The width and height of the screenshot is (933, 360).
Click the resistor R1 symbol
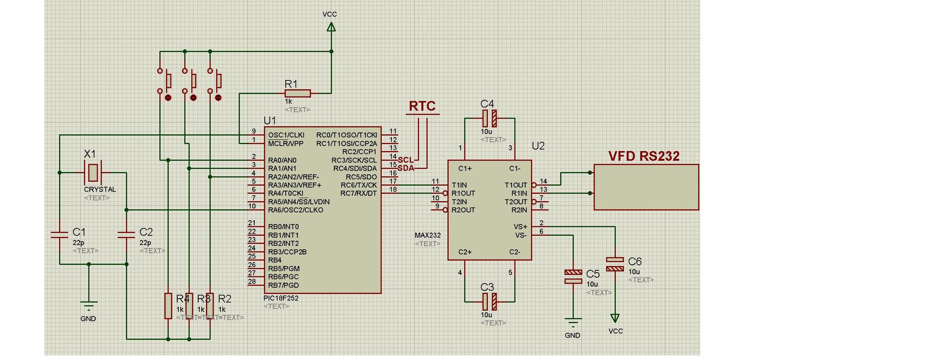click(x=297, y=93)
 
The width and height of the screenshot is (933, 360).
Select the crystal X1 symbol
click(x=92, y=172)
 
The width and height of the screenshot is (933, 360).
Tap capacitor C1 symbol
click(x=59, y=235)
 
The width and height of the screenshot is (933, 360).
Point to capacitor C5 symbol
click(x=573, y=276)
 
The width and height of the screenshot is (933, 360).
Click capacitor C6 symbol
click(x=615, y=264)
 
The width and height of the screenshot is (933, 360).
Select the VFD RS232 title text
click(x=644, y=156)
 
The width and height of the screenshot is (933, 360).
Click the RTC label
click(x=422, y=106)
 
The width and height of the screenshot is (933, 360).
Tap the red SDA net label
click(x=406, y=168)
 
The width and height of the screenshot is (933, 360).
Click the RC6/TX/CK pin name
click(x=359, y=185)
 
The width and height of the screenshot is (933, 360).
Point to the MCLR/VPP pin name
click(x=286, y=144)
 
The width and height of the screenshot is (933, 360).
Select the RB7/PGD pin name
click(x=283, y=285)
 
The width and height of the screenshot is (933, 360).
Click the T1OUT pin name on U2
click(x=516, y=185)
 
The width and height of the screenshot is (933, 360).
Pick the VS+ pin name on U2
click(x=520, y=227)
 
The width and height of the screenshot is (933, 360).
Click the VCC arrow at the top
click(x=331, y=27)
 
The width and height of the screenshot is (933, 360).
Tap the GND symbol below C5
click(x=573, y=323)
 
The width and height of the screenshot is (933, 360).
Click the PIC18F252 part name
click(x=281, y=298)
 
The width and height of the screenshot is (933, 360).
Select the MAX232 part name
click(x=428, y=235)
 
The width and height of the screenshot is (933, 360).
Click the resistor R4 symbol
click(x=168, y=306)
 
